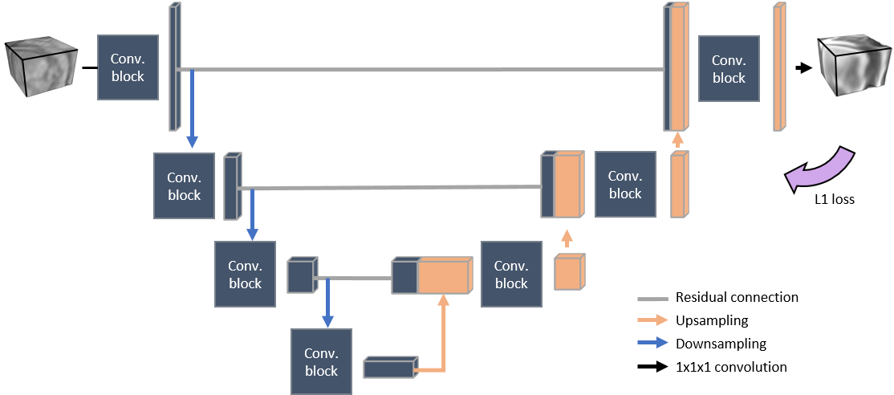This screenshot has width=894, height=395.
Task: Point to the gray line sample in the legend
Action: pos(652,299)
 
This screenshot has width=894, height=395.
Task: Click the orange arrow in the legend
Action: pos(652,320)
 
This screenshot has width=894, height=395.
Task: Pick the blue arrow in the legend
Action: pos(652,342)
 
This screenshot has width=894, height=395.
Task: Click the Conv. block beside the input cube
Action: pos(128,67)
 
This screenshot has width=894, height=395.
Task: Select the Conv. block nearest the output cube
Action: pos(729,68)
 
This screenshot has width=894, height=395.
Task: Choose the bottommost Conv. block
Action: pos(321,361)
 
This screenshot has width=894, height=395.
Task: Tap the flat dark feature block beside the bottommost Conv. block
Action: pos(391,367)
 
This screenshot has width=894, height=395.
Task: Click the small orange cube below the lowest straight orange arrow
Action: pos(570,272)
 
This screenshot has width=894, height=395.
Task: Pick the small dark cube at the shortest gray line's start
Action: pos(301,275)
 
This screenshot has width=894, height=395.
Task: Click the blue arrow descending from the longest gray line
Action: pos(192,109)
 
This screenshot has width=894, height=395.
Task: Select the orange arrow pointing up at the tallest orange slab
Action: pos(677,139)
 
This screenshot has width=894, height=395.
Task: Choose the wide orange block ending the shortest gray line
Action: pos(441,277)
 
